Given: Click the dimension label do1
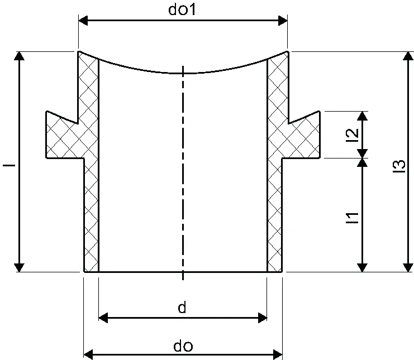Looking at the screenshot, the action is click(x=182, y=9).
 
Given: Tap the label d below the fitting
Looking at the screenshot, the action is click(x=182, y=308).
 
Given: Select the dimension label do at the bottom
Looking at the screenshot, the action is click(x=183, y=346).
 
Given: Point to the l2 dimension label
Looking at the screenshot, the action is click(x=353, y=135).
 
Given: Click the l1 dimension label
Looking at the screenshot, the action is click(x=353, y=218).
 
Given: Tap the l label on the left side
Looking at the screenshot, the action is click(x=9, y=165).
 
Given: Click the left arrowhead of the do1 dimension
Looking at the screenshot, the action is click(x=83, y=20).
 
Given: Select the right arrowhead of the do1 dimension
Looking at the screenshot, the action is click(x=283, y=20).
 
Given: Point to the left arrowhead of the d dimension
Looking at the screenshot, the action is click(x=103, y=318).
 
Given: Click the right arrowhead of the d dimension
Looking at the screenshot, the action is click(x=263, y=318).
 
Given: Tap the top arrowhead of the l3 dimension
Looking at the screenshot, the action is click(x=408, y=56).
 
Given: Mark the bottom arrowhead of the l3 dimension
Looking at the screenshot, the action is click(x=408, y=267).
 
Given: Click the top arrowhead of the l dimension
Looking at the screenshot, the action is click(x=19, y=56).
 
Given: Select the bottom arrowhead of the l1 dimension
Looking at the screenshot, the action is click(x=363, y=267).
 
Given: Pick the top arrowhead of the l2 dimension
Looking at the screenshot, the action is click(x=363, y=116).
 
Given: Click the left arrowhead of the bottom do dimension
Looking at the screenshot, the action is click(x=88, y=354).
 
